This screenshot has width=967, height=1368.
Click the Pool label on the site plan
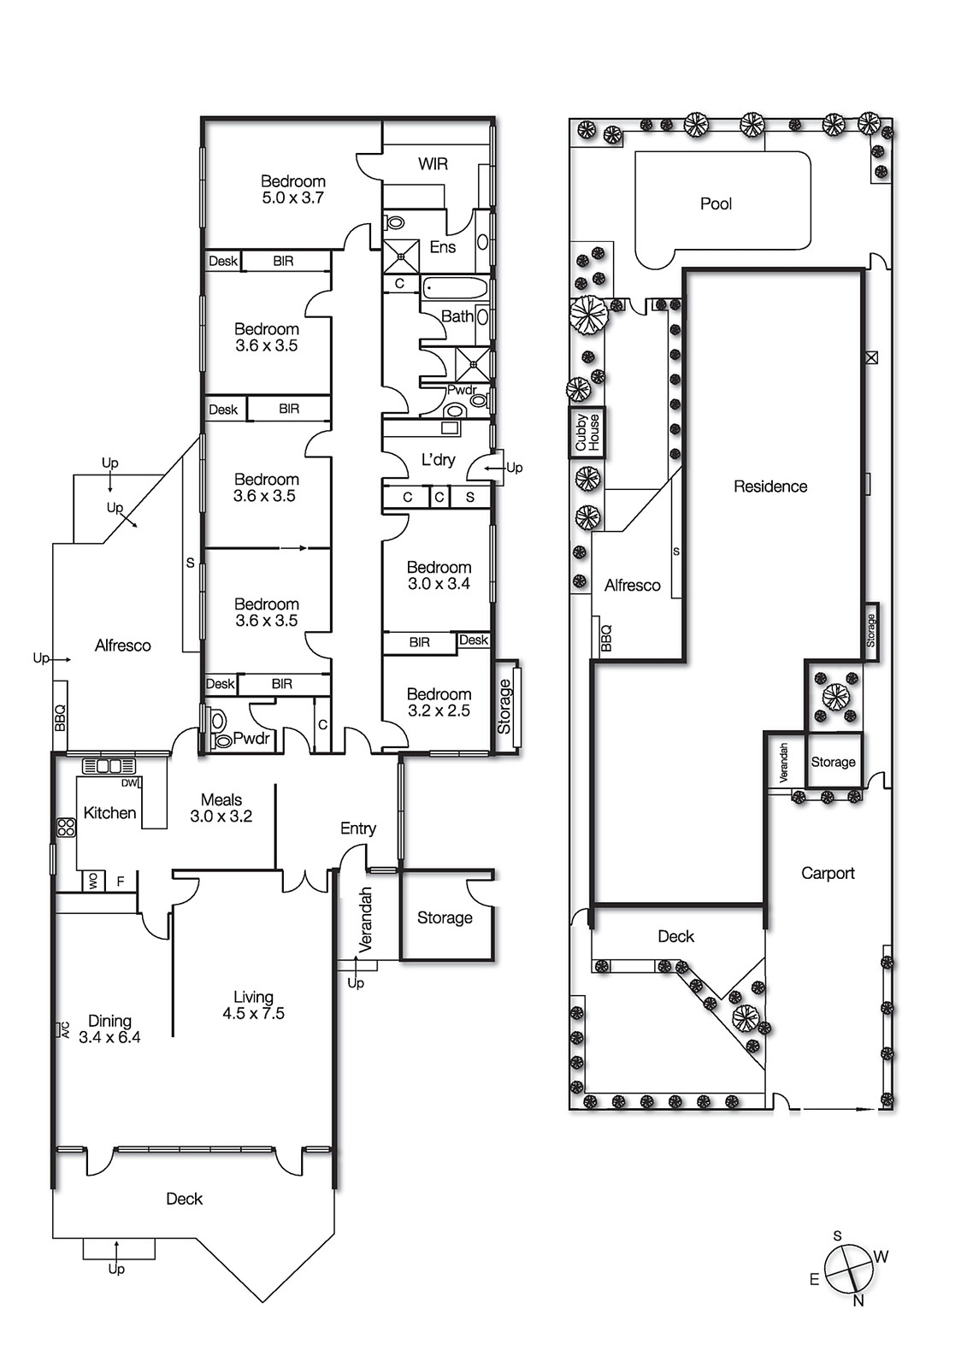coord(716,203)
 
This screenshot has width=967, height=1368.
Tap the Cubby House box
coord(587,433)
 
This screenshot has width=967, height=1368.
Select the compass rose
coord(849,1268)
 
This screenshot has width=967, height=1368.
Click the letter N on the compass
coord(858,1300)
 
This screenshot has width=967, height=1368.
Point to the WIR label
coord(433,163)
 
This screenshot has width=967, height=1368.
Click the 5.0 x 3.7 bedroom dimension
coord(292,198)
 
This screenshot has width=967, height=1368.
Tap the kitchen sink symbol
coord(109,765)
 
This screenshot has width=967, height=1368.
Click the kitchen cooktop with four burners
coord(66,827)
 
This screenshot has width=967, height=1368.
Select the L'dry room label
coord(438,459)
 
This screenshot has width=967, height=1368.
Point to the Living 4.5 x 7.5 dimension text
coord(253,1013)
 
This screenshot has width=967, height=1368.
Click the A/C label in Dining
coord(63,1029)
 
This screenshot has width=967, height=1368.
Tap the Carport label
coord(827,873)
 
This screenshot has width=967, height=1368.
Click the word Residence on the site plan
coord(769,486)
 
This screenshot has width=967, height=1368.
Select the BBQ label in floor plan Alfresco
coord(60,716)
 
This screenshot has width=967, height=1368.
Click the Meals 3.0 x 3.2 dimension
coord(221,816)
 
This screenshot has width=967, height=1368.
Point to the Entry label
coord(357,828)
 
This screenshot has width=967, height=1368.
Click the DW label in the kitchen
coord(129,782)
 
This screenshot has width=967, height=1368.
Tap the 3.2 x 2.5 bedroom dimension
coord(439,711)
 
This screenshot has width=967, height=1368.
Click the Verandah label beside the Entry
coord(366,919)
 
